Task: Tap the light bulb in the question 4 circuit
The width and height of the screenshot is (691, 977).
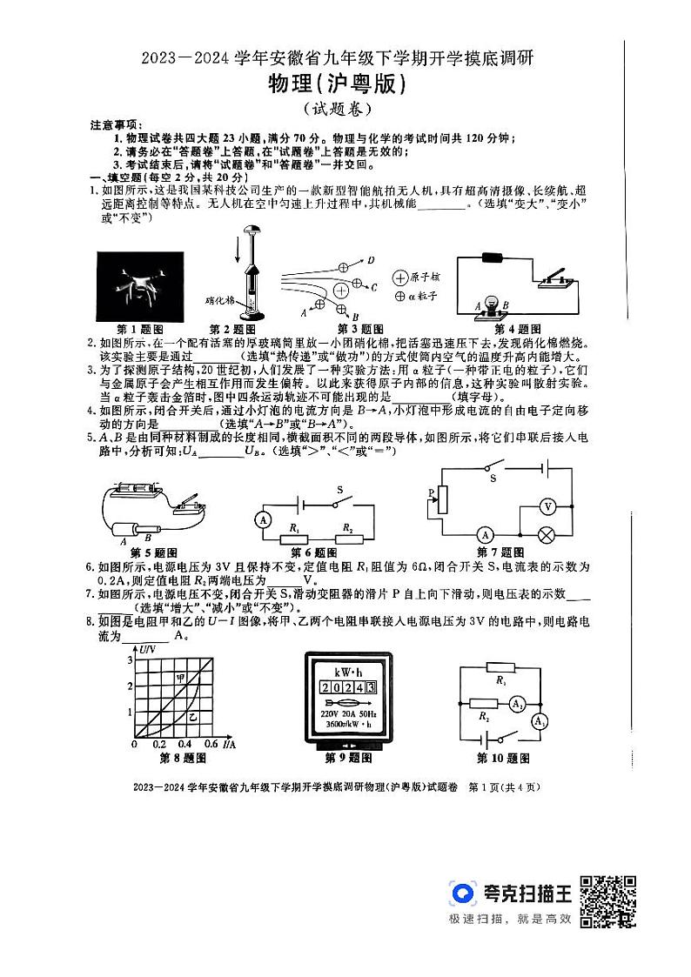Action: click(493, 304)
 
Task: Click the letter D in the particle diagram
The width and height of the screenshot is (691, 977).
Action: click(370, 260)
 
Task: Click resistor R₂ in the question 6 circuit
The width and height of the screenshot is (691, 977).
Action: click(349, 540)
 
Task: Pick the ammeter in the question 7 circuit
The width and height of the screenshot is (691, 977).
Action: click(487, 534)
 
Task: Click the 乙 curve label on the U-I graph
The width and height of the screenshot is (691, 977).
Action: click(193, 715)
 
